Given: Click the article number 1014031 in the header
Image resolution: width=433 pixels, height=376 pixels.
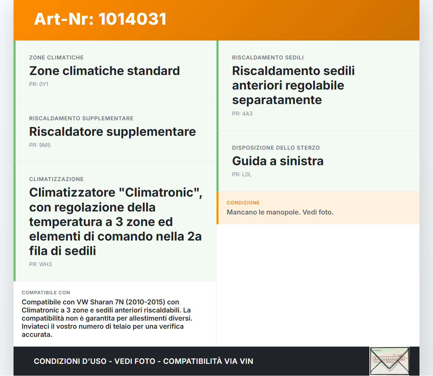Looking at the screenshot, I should [132, 19].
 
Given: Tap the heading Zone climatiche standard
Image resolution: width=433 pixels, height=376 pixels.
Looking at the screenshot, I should [105, 71].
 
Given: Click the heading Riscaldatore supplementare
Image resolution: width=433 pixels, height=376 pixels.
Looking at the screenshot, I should [112, 132].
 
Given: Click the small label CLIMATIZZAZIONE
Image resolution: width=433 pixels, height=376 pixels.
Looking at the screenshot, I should [56, 179].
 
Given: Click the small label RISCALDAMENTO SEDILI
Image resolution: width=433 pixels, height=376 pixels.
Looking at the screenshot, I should [268, 58].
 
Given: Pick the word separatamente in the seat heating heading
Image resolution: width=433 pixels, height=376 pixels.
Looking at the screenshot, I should [277, 100].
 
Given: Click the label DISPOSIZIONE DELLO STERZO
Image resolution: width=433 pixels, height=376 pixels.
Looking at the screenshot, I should [276, 148].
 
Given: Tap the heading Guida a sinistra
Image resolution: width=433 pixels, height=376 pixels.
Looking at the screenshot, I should [277, 161].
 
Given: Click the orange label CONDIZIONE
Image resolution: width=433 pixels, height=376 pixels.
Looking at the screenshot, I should [243, 203].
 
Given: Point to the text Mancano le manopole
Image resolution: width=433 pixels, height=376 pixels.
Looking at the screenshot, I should [263, 212].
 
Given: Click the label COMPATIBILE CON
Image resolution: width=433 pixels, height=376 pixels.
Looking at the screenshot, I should [46, 293].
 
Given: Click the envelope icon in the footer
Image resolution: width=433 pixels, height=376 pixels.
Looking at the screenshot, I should [389, 361].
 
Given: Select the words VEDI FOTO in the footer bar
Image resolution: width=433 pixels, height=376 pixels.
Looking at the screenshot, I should [135, 361].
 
